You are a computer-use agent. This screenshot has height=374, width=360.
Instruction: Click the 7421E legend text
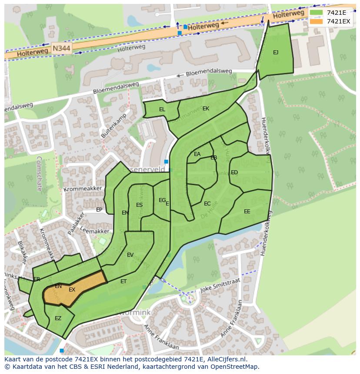point(337,13)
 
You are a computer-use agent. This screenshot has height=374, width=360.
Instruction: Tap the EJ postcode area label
point(276,53)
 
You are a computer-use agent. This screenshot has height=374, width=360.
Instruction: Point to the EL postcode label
point(162,110)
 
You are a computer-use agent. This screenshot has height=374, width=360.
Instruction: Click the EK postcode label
point(206,109)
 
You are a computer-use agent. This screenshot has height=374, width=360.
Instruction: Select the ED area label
point(234,172)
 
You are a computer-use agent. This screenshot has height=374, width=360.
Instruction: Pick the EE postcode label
point(247,212)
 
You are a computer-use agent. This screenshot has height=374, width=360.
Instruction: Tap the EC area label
point(207,204)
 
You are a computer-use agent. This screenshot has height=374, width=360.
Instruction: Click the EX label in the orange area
point(72,290)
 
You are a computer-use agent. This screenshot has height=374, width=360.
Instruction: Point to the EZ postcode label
point(58,318)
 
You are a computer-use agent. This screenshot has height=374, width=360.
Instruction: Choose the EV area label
point(130,255)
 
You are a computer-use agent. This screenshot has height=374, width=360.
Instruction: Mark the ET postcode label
point(123,281)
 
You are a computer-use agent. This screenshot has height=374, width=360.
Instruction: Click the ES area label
point(139,205)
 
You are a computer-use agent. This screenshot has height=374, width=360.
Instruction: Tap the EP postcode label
point(99,210)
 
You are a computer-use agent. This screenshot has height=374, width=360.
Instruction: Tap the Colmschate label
point(39,174)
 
